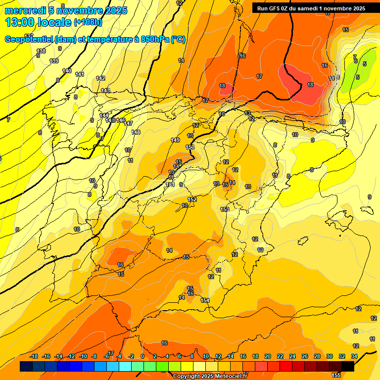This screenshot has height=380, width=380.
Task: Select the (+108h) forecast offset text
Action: [x=88, y=22]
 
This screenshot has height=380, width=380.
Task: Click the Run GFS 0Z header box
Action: [x=309, y=8]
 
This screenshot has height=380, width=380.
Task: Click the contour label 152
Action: [x=192, y=199]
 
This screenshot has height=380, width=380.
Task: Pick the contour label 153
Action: [x=225, y=210]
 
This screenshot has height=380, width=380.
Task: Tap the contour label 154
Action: [x=205, y=300]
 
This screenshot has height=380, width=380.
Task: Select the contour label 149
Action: [x=175, y=140]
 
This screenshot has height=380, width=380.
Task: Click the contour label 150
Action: [x=190, y=147]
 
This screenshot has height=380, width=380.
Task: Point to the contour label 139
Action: [x=54, y=61]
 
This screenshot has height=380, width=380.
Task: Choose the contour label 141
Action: [x=80, y=74]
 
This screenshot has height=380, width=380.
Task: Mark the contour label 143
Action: [x=105, y=91]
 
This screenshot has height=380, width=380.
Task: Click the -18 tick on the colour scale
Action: [x=34, y=356]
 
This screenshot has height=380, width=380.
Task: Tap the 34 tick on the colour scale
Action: [x=354, y=356]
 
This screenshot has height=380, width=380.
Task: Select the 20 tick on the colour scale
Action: [x=267, y=356]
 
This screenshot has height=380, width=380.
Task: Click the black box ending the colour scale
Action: [x=348, y=366]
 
